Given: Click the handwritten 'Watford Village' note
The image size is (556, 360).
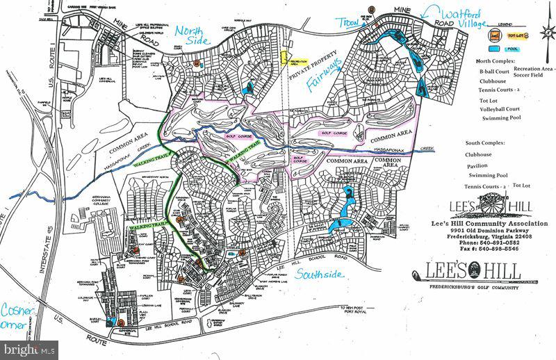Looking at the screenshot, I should tap(467, 17).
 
